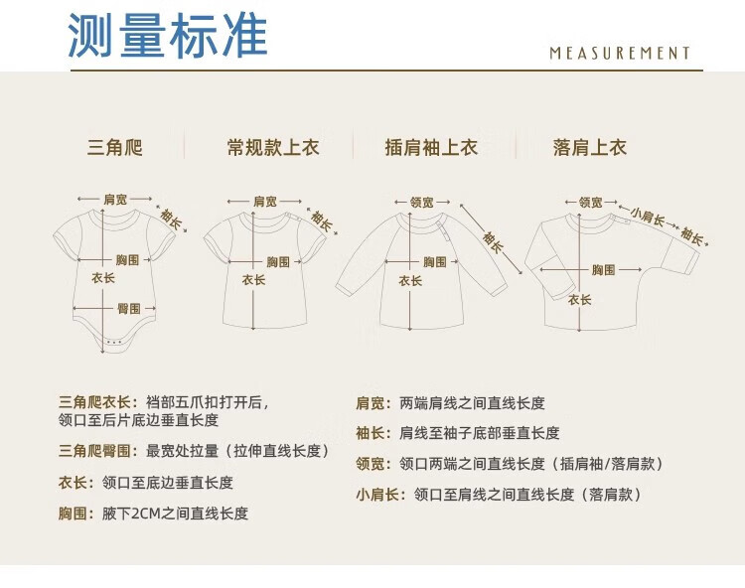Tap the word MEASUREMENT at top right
[620, 54]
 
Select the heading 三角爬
[115, 149]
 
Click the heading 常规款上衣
[273, 149]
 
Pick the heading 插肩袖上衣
[431, 149]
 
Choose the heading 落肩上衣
[590, 149]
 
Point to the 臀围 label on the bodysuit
[128, 307]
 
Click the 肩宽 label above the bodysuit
[115, 200]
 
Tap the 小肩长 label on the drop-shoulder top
[647, 212]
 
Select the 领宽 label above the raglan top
[423, 203]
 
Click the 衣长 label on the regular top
[254, 280]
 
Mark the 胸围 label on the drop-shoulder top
[604, 269]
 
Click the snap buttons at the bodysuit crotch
[114, 342]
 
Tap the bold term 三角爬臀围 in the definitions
[99, 451]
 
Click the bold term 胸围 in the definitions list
[77, 514]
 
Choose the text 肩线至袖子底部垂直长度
[480, 433]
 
